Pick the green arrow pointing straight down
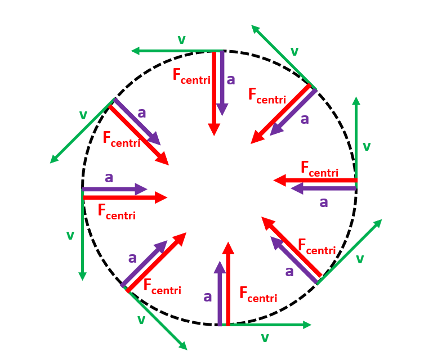tap(83, 236)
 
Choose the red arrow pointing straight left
tap(315, 180)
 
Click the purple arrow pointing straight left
tap(324, 189)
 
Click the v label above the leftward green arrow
tap(181, 39)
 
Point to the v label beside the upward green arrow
tap(367, 147)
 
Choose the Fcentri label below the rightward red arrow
tap(116, 211)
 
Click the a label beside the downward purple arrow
tap(230, 79)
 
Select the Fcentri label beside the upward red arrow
tap(258, 294)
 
